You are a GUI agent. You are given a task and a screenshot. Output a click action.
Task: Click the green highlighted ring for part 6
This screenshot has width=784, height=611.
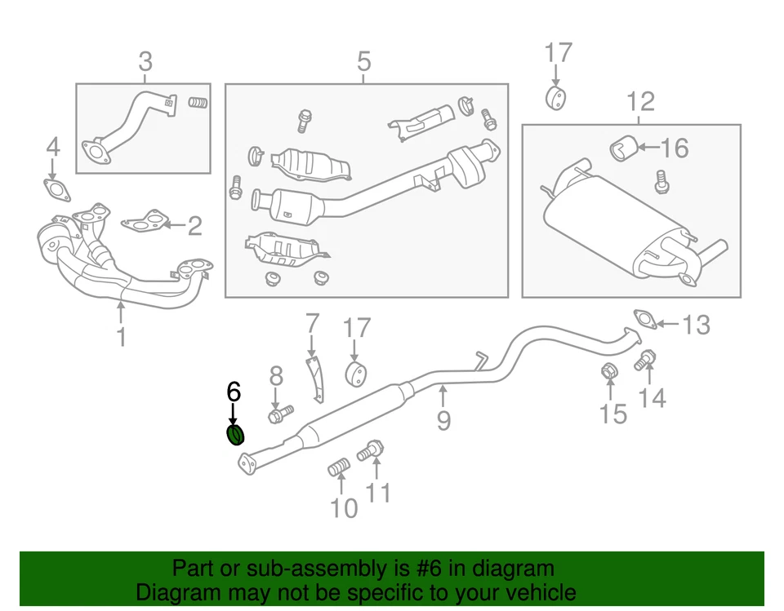pos(234,436)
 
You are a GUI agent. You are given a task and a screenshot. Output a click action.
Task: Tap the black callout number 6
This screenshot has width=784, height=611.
pos(234,392)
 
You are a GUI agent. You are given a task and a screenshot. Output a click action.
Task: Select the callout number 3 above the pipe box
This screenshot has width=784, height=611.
pos(145,61)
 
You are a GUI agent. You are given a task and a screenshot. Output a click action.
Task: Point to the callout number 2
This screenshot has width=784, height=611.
pos(194,225)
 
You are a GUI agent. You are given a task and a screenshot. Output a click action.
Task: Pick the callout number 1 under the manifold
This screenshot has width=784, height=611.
pos(121,336)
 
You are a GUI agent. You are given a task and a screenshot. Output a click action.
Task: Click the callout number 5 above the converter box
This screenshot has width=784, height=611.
pos(363,61)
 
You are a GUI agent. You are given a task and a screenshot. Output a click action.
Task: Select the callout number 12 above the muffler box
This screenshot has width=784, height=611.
pos(641,102)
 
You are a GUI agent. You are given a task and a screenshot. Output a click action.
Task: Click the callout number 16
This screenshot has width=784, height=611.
pos(675,148)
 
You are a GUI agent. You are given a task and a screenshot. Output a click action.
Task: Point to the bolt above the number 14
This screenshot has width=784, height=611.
pos(646,358)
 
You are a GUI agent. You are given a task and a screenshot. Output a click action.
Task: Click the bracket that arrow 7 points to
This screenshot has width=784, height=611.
pos(315,376)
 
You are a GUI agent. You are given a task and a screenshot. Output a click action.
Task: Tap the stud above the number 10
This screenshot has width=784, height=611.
pos(338,468)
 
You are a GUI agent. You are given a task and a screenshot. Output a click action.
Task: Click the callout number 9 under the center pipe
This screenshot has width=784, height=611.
pos(443,420)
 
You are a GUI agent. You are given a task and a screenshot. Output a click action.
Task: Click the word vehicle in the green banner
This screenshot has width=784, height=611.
pos(534,592)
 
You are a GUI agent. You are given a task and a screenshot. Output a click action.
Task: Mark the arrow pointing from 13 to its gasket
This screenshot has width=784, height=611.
pos(668,325)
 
